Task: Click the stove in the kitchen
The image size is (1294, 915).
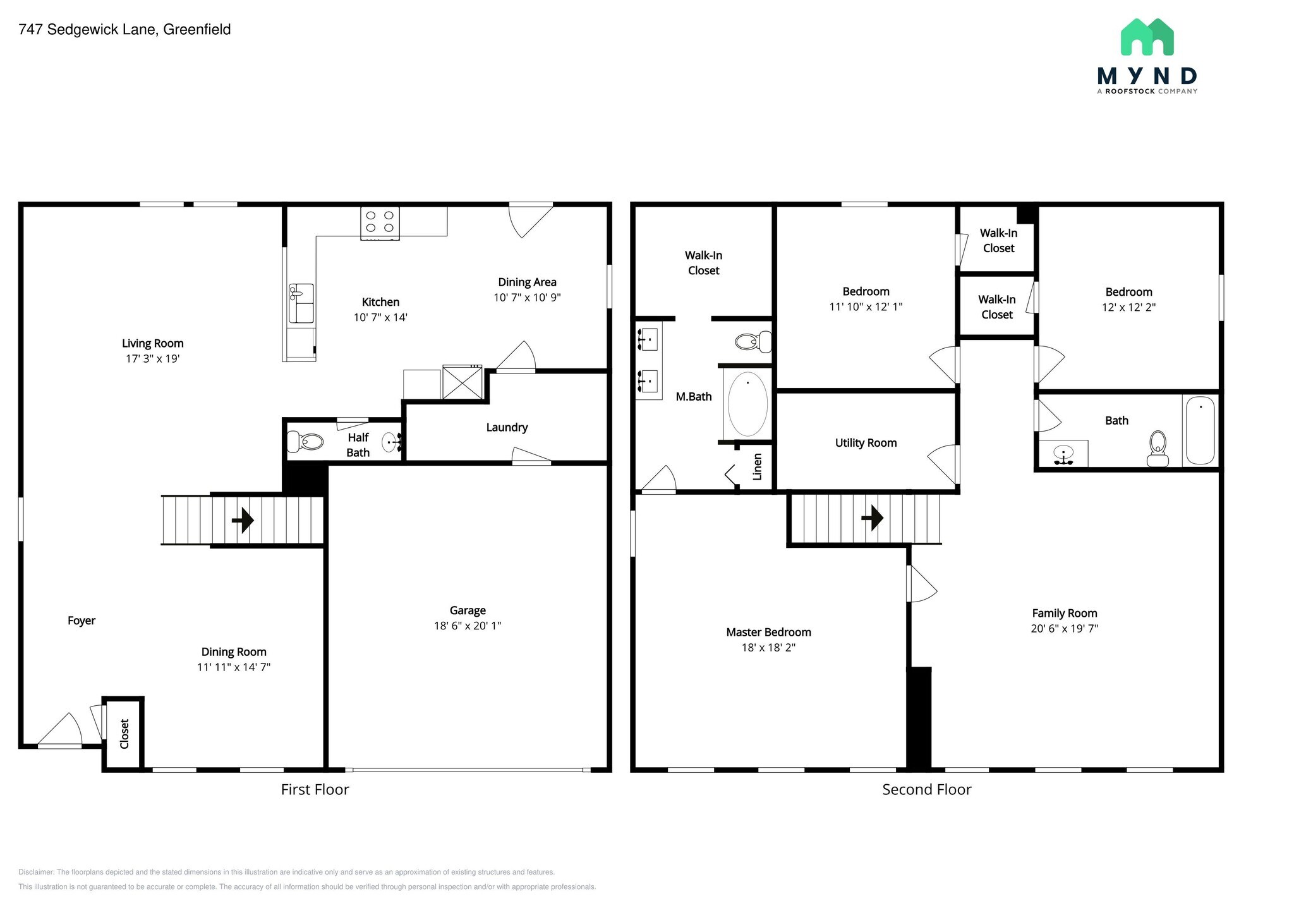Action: click(380, 224)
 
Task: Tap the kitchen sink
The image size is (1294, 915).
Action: click(301, 303)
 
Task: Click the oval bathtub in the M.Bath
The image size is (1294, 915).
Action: click(747, 404)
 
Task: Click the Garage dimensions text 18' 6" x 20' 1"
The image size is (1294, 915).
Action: click(468, 626)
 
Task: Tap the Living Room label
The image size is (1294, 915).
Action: click(153, 343)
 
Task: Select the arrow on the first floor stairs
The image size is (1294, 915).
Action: click(243, 520)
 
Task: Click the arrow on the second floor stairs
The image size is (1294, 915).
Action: click(873, 518)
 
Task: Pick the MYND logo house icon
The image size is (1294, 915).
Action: click(1147, 37)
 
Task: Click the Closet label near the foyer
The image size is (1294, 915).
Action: click(124, 734)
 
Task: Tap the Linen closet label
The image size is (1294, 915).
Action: click(758, 466)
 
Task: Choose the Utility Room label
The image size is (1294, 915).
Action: click(866, 443)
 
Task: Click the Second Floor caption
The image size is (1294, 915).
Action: click(927, 789)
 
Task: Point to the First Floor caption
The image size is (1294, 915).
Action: click(315, 789)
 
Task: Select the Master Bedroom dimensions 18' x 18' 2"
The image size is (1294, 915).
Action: click(768, 647)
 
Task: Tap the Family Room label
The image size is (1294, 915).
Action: click(1065, 613)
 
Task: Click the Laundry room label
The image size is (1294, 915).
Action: click(507, 428)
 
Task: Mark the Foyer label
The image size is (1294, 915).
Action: click(82, 621)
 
